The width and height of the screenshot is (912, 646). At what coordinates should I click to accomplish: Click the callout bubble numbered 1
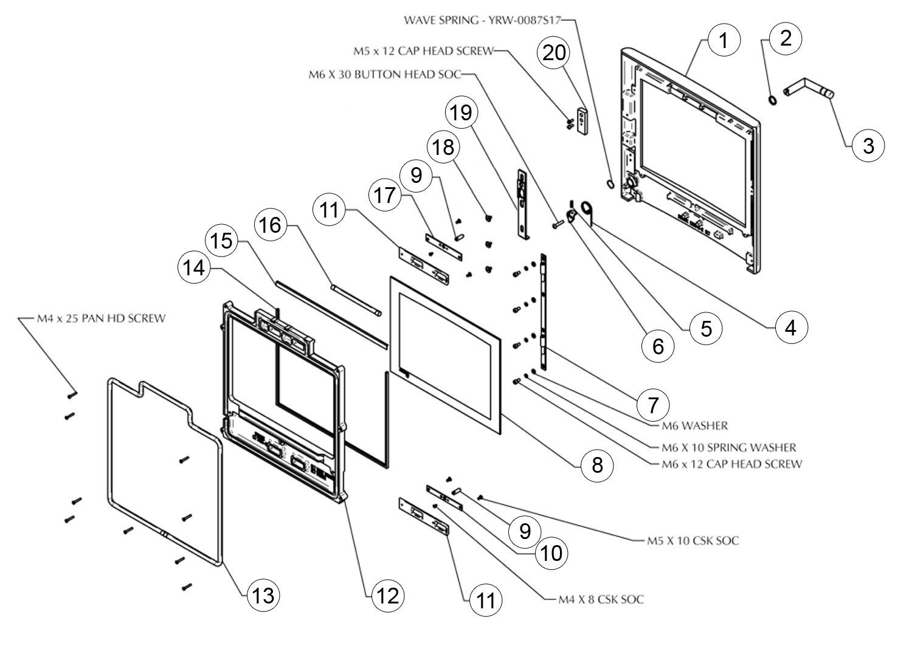(723, 41)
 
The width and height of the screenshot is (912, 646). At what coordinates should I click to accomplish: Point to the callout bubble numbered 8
(596, 466)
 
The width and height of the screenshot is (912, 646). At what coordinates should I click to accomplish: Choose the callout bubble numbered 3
(868, 145)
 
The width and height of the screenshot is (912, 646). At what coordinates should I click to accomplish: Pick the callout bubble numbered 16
(271, 225)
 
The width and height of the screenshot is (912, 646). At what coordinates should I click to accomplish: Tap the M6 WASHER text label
(694, 425)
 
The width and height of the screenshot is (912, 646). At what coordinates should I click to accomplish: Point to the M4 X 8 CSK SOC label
(601, 600)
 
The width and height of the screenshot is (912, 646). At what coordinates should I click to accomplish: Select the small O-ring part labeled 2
(773, 99)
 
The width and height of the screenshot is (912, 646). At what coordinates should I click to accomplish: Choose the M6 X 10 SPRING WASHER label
(728, 448)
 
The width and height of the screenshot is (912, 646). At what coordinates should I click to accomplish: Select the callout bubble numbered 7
(654, 404)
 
